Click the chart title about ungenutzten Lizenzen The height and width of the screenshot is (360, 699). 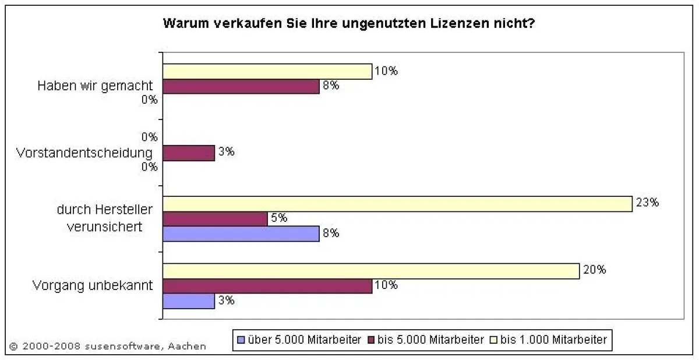349,24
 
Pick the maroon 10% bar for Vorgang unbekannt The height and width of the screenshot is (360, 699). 266,286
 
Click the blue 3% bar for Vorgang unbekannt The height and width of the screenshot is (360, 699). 188,301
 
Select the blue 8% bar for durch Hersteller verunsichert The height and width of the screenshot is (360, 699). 240,234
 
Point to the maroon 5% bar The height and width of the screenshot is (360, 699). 214,219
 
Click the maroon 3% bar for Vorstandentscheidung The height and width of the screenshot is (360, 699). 188,153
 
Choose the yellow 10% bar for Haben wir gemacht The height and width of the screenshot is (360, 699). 266,71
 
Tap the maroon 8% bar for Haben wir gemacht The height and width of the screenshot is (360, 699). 240,86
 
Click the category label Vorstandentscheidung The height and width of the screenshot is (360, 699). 84,153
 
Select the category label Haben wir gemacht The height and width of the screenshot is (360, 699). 95,86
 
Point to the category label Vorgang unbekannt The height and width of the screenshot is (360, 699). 93,286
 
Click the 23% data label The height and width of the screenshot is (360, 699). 647,203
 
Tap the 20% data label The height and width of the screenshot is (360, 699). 595,270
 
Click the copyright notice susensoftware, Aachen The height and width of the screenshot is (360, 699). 108,346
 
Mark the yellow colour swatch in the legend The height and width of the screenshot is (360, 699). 493,340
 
